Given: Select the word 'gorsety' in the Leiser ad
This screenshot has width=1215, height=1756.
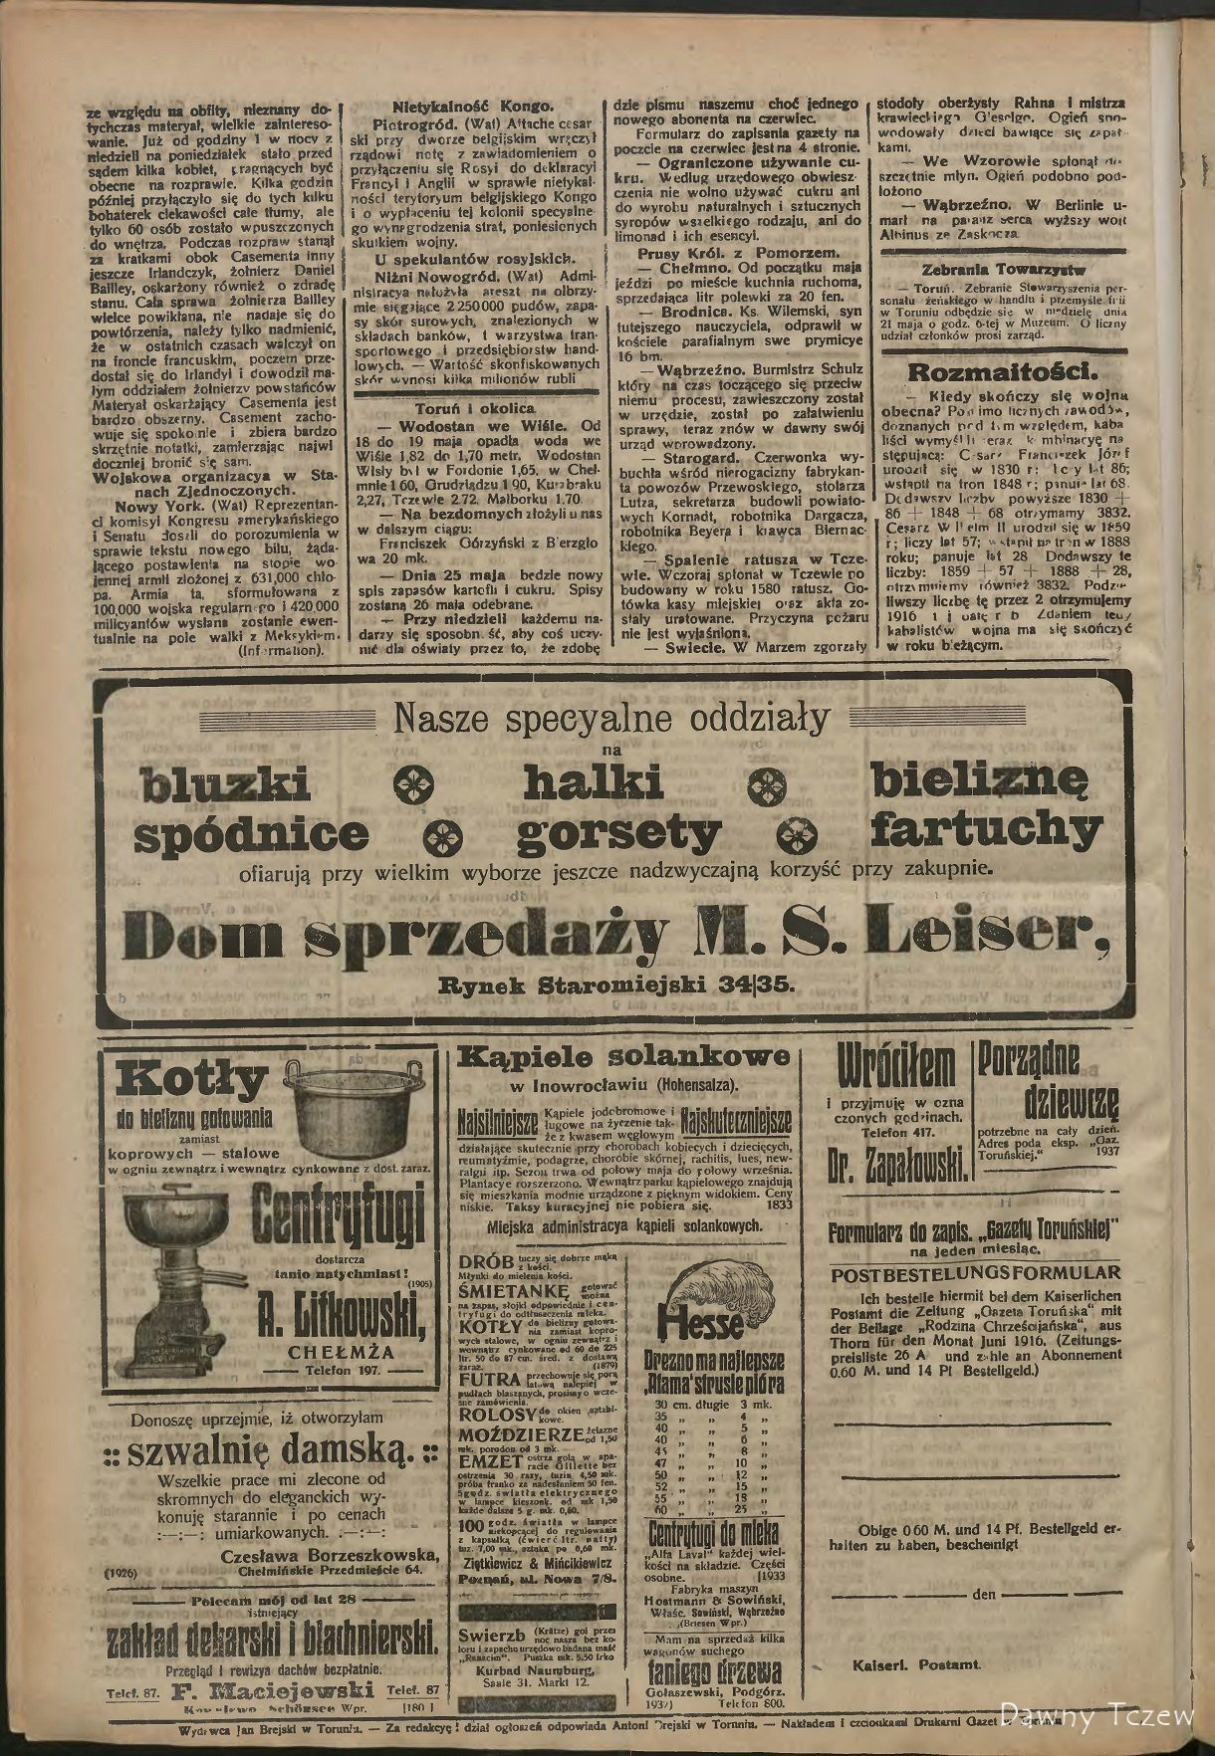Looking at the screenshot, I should (x=618, y=829).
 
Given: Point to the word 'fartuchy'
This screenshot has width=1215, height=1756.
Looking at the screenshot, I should (x=986, y=829).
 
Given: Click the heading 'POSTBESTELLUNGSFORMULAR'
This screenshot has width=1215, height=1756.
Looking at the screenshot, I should (x=975, y=1273).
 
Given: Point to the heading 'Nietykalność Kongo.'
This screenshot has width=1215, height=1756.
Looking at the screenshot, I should (x=472, y=106).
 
